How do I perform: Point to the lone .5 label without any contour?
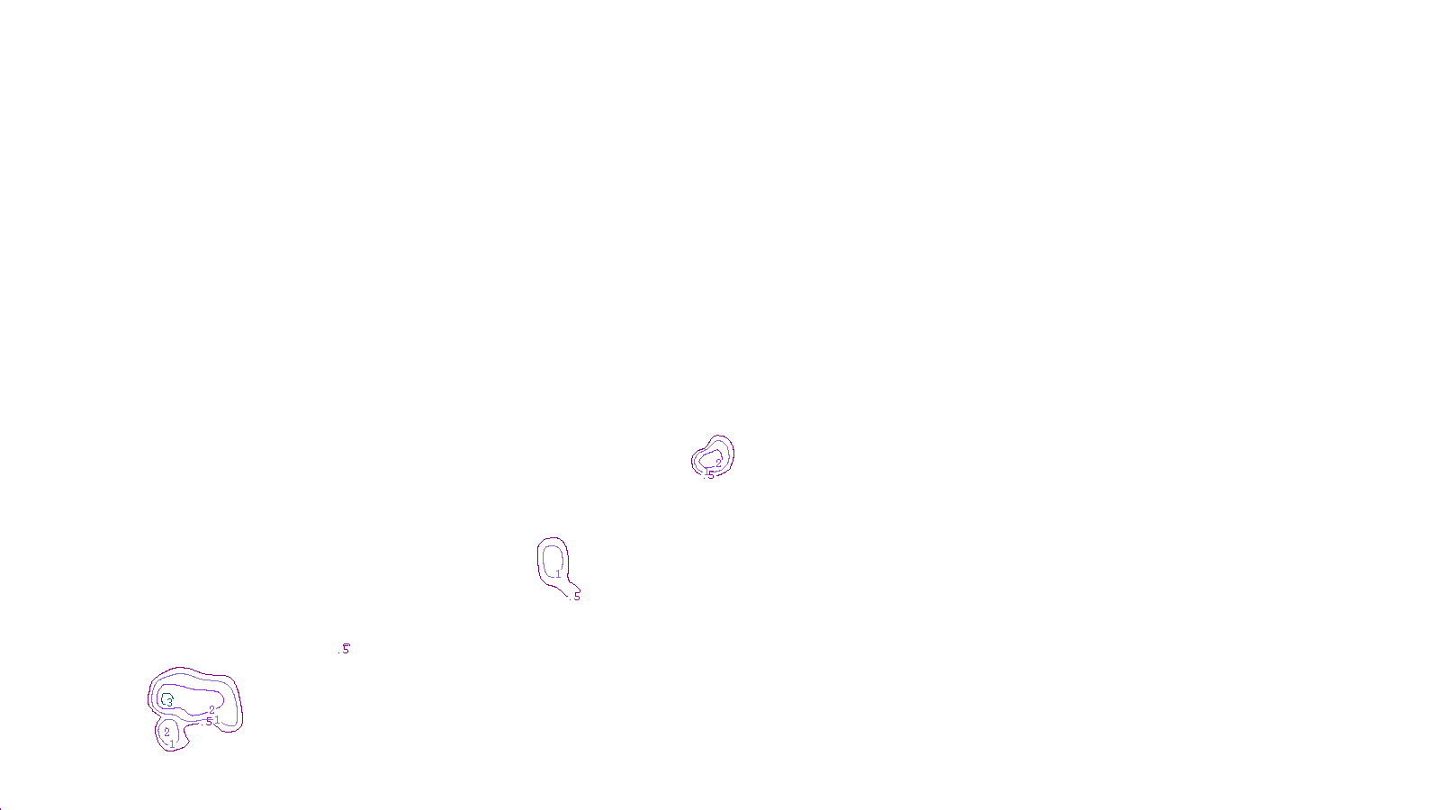point(346,649)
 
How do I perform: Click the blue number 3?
point(168,702)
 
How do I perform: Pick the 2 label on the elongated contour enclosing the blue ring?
point(211,710)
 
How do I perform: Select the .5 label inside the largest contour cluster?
point(209,721)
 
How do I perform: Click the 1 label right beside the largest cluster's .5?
point(217,720)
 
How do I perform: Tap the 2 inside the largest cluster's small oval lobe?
point(166,733)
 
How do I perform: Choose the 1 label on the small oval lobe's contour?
point(172,744)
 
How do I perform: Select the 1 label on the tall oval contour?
point(558,574)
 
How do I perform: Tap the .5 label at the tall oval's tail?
point(577,597)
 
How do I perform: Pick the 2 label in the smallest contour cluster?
point(718,463)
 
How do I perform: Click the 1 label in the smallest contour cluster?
point(706,471)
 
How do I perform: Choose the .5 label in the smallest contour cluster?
point(711,474)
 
